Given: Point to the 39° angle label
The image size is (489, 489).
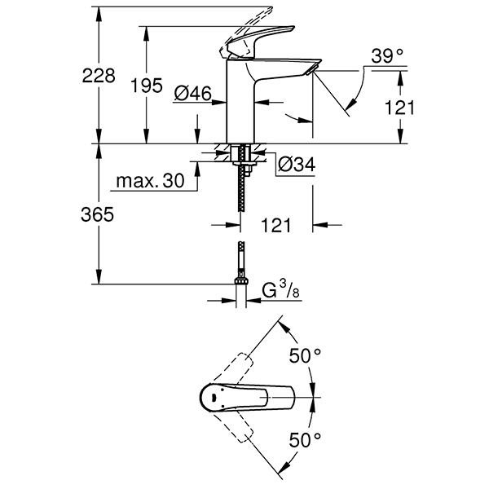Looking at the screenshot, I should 387,56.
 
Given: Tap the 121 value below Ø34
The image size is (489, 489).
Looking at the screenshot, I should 276,225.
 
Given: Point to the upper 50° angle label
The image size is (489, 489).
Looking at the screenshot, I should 306,356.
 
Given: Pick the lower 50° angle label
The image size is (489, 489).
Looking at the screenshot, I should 306,440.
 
